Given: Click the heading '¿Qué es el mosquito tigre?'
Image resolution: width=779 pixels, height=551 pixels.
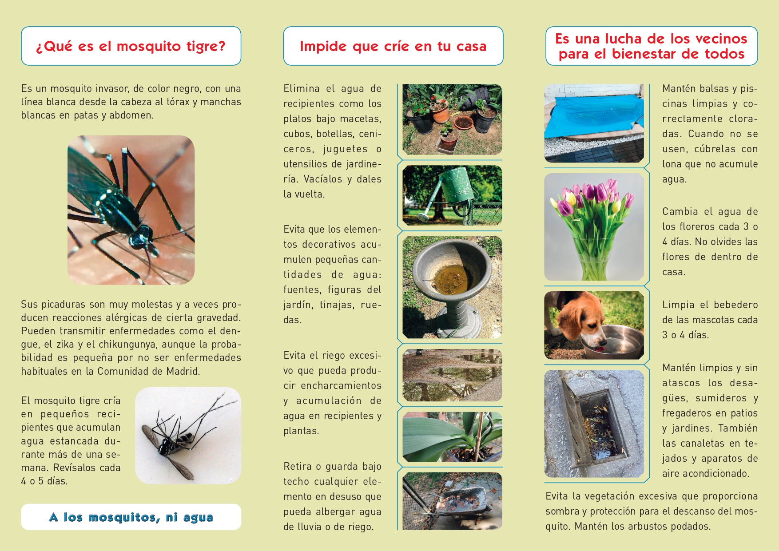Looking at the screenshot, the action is click(x=131, y=46).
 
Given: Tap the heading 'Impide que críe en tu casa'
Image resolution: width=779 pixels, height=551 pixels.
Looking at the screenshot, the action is click(x=393, y=46).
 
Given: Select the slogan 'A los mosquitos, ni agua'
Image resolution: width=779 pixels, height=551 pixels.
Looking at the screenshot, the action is click(x=131, y=517).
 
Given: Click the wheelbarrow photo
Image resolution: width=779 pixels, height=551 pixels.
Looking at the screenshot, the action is click(x=452, y=501).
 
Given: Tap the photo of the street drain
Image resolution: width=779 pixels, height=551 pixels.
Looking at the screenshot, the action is click(x=594, y=424).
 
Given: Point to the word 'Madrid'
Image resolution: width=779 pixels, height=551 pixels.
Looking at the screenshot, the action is click(x=183, y=371).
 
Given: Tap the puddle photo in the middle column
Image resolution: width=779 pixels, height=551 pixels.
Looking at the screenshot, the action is click(x=452, y=375).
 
